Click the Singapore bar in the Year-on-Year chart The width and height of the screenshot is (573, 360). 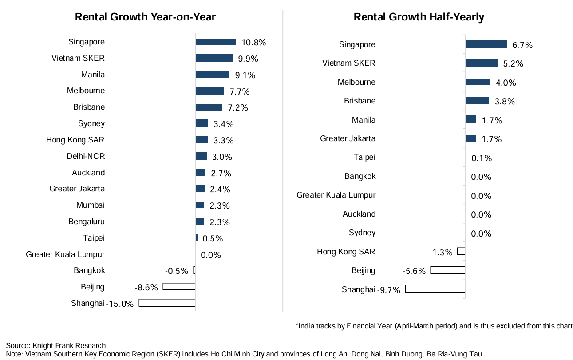point(216,42)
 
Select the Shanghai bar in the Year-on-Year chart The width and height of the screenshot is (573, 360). point(167,303)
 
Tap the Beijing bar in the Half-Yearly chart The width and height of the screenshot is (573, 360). point(447,270)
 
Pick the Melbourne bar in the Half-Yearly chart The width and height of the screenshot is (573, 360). point(478,82)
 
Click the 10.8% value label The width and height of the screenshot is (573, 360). point(253,43)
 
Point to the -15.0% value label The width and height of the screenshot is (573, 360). point(120,304)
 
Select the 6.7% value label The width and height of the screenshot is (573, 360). point(522,45)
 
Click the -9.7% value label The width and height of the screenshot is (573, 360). point(389,290)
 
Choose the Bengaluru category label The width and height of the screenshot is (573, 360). point(87,222)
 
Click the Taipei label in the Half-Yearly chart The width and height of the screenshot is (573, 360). point(364,157)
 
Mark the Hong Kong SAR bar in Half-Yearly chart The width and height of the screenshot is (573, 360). point(461,251)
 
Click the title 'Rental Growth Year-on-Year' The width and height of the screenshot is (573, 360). point(145,17)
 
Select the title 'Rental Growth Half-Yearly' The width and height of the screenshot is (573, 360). point(419,17)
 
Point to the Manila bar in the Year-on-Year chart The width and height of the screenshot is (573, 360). point(213,75)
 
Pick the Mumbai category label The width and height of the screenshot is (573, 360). point(91,205)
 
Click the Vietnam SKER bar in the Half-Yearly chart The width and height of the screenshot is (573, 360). point(481,63)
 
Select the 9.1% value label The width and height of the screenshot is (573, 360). point(245,75)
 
